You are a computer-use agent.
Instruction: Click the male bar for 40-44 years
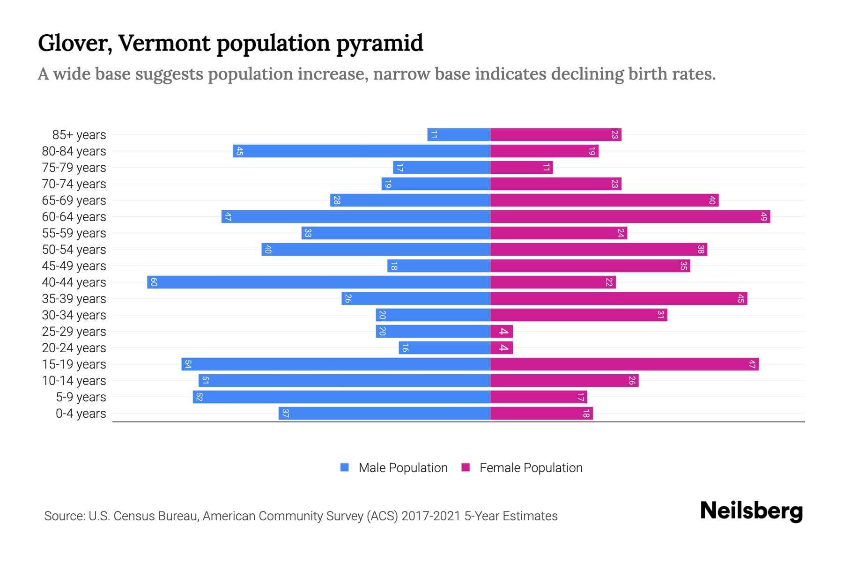318,282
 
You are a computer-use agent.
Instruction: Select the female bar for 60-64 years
630,217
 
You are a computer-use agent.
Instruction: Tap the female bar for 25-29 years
502,332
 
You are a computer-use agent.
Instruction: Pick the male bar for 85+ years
458,135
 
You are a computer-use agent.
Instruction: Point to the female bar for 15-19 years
624,364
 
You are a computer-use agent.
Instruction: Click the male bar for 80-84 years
361,151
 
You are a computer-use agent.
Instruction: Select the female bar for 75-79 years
521,168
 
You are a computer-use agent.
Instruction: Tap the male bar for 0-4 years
384,414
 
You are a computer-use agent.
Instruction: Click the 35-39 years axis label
74,299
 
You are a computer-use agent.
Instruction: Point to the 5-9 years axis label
81,397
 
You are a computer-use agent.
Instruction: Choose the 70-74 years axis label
74,184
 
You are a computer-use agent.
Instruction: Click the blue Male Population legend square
345,467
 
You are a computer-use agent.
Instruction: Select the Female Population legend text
531,468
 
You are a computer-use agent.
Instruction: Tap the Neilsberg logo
751,511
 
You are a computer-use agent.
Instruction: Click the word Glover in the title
75,44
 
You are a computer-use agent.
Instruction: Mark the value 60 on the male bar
154,282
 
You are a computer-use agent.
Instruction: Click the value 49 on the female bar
763,217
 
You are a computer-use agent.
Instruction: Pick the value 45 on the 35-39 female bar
740,299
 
